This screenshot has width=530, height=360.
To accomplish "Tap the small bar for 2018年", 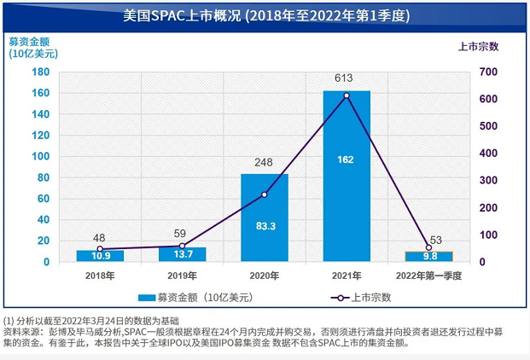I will tap(100, 256).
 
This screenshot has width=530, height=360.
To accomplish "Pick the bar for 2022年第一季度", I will tap(428, 256).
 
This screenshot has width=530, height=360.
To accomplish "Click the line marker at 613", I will tap(347, 96).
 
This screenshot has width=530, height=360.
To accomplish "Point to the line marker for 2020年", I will tap(265, 195).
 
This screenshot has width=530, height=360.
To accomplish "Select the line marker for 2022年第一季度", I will tap(428, 247).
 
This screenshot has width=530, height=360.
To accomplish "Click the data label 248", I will tap(265, 162).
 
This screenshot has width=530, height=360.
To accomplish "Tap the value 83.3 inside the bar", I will tap(265, 226).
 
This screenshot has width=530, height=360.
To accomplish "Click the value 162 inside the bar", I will tap(347, 159).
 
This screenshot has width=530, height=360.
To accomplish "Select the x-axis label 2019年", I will tap(182, 275).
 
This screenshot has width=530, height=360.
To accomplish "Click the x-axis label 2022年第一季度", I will tap(428, 275).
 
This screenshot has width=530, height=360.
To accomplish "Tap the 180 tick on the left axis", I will tap(39, 72).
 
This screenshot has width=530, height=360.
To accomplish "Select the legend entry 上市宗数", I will tap(366, 297).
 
